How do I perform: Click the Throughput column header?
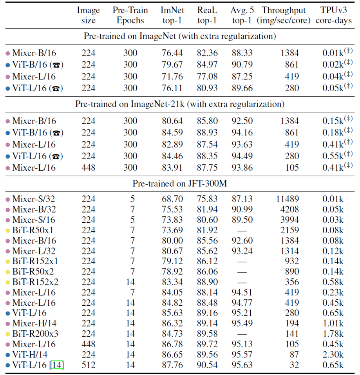(284, 15)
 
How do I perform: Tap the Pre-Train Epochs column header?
(128, 15)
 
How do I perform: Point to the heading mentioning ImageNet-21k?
(179, 105)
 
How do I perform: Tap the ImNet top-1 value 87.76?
(172, 365)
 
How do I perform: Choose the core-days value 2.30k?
(333, 355)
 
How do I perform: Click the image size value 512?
(88, 365)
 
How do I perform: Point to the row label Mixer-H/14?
(34, 323)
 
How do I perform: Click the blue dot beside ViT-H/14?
(7, 355)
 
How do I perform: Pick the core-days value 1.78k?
(333, 334)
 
